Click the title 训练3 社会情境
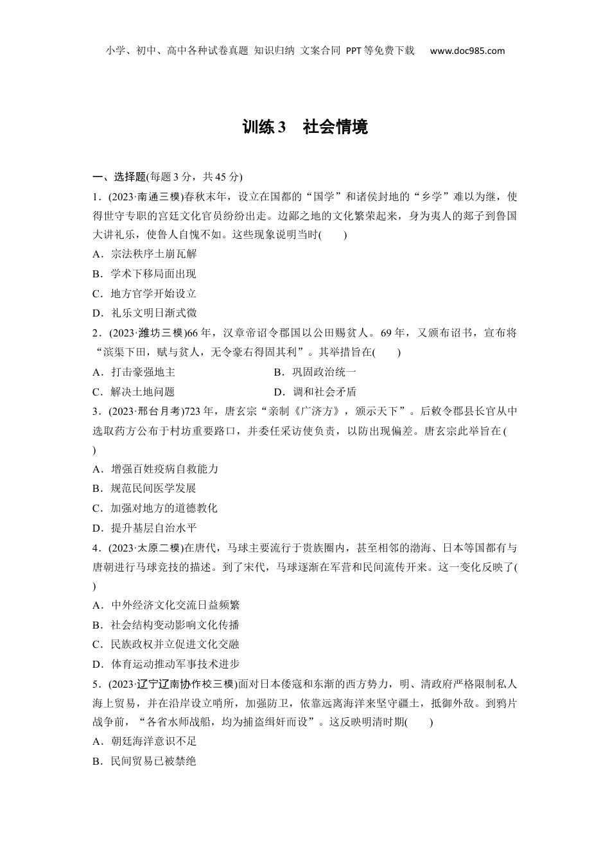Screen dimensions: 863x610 305,127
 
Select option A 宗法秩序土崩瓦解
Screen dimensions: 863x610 144,254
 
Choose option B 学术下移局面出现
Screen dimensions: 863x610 144,274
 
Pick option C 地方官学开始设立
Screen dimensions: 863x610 144,293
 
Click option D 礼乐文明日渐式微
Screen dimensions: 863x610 144,313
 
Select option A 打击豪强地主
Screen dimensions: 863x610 134,372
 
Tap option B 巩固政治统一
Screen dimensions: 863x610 315,372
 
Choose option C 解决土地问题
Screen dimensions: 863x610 134,392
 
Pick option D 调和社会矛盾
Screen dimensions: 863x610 315,392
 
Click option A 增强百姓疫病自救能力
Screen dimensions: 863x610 155,469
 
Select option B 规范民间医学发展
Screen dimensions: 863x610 144,488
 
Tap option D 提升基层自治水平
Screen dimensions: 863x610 144,528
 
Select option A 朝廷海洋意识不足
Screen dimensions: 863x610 144,741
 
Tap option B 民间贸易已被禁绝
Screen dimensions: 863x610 144,761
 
